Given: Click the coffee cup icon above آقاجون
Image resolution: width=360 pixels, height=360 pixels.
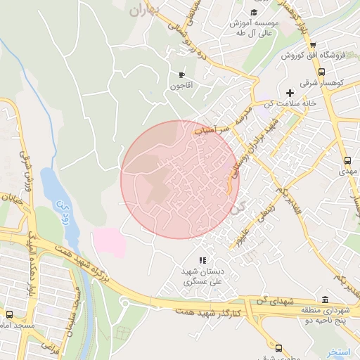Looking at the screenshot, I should pyautogui.click(x=181, y=75).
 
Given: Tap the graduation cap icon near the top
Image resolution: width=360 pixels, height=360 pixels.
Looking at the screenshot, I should pyautogui.click(x=254, y=12).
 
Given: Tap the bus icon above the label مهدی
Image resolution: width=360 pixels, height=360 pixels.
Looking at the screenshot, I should pyautogui.click(x=347, y=160).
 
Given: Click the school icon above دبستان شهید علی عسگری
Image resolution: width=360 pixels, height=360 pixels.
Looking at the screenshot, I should pyautogui.click(x=202, y=261).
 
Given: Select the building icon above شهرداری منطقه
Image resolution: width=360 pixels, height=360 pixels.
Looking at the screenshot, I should pyautogui.click(x=324, y=299).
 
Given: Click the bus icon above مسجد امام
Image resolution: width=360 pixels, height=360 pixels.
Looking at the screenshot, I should pyautogui.click(x=10, y=314).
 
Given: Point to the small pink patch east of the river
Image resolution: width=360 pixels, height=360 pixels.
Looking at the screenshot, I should pyautogui.click(x=109, y=241).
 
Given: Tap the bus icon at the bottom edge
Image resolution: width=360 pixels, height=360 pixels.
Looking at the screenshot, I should pyautogui.click(x=278, y=349).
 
